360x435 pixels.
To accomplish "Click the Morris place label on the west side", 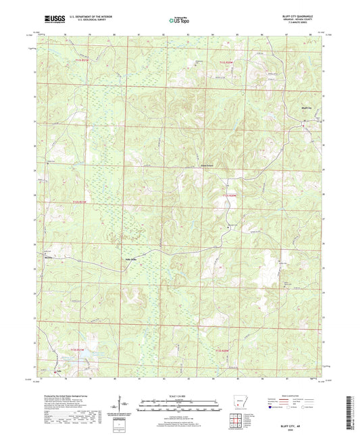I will click(49, 257).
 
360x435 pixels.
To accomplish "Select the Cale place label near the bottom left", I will click(57, 370).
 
